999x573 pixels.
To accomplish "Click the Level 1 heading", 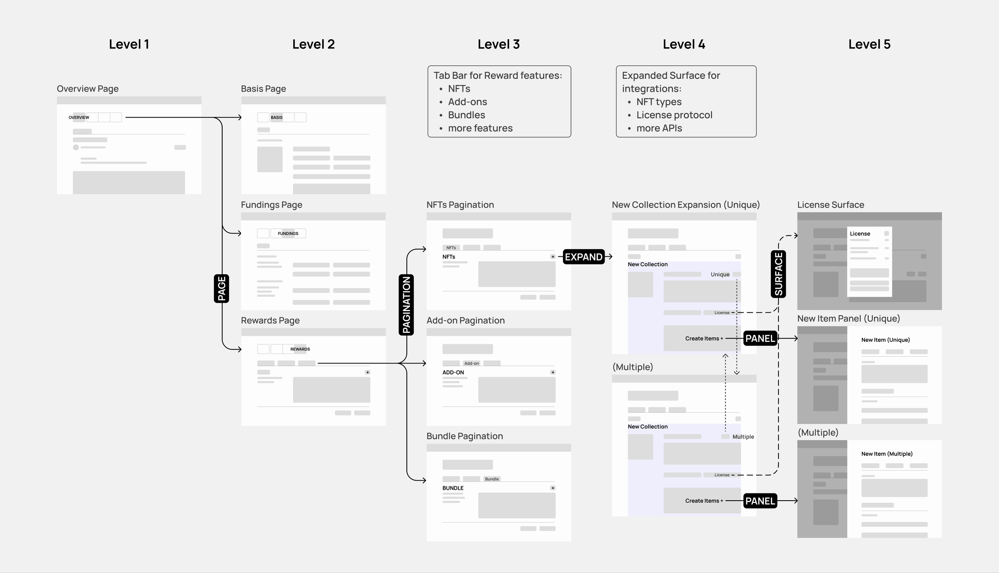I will click(x=129, y=44).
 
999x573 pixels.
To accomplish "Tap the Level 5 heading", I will click(x=869, y=44).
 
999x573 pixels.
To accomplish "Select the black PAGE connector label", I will click(x=221, y=288).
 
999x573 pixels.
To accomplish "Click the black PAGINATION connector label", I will click(x=406, y=305).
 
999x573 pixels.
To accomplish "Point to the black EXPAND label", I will click(x=583, y=257).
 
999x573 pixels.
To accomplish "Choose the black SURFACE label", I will click(x=778, y=274).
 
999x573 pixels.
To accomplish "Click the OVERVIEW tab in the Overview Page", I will click(x=79, y=118).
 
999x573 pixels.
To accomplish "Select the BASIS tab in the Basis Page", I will click(x=277, y=118).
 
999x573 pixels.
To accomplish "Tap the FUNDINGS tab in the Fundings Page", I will click(x=288, y=234).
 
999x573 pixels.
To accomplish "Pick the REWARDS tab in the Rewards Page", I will click(x=300, y=349).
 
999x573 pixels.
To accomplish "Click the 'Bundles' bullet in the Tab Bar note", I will click(x=466, y=115).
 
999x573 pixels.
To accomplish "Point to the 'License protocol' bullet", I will click(x=674, y=115).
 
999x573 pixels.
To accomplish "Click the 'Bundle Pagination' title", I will click(x=464, y=436).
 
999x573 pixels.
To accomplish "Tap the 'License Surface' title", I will click(x=830, y=205).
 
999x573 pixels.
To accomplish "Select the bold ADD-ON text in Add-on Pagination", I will click(x=453, y=372).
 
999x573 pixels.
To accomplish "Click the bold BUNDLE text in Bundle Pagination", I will click(x=453, y=488).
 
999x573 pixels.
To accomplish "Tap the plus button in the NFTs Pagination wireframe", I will click(x=553, y=257).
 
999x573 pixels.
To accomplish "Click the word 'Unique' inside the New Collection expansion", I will click(x=720, y=274).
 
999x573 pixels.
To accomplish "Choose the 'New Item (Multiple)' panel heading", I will click(x=887, y=454).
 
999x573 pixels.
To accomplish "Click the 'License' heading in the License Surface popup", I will click(x=860, y=234).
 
